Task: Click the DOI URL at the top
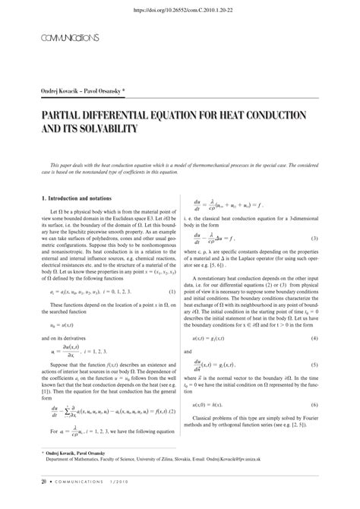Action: (181, 11)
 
